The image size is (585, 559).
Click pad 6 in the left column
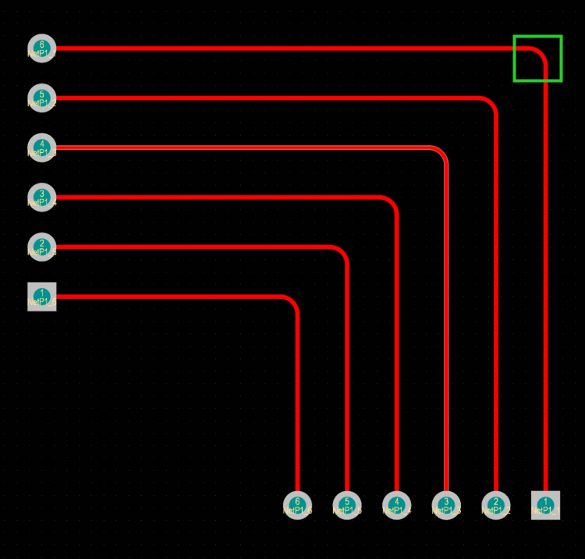point(41,48)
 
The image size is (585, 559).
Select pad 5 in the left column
point(41,98)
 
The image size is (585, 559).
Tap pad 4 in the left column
point(41,148)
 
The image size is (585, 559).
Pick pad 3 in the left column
point(41,197)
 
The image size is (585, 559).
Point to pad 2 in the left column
point(41,247)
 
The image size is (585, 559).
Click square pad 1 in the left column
point(41,297)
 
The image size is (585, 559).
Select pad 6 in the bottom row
point(297,505)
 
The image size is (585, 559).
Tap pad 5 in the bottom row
point(347,505)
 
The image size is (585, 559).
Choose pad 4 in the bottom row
point(397,505)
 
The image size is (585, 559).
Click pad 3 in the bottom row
point(446,505)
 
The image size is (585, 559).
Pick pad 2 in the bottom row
point(496,505)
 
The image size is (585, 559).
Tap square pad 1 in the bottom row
point(545,505)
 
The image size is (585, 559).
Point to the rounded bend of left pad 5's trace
point(492,102)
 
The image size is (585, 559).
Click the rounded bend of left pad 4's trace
point(442,151)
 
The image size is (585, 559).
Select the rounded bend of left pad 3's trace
point(393,201)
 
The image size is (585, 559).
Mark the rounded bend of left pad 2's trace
point(343,251)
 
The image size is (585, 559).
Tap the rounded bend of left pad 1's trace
point(293,301)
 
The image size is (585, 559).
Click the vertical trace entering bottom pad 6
point(297,406)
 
